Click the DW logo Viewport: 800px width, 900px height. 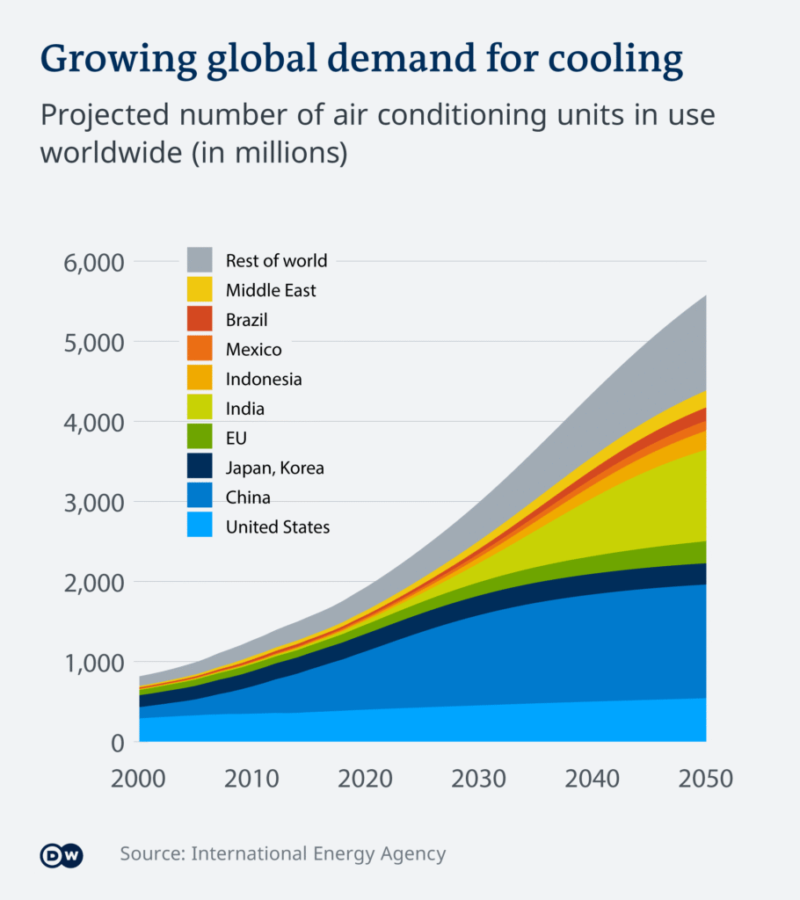click(62, 853)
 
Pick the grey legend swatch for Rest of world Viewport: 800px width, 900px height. click(200, 260)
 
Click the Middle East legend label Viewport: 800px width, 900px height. click(271, 290)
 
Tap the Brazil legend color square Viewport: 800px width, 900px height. click(200, 319)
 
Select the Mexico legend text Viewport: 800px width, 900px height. click(254, 350)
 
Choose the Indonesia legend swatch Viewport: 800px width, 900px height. click(200, 379)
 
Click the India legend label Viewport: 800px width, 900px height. click(245, 409)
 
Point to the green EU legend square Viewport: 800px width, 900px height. click(200, 438)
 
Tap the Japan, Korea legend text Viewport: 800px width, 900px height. click(275, 468)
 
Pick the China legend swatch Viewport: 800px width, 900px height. click(200, 497)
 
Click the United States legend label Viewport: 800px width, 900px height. click(278, 527)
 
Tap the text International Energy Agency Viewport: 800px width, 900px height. click(318, 853)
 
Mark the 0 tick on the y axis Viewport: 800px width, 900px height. click(117, 743)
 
